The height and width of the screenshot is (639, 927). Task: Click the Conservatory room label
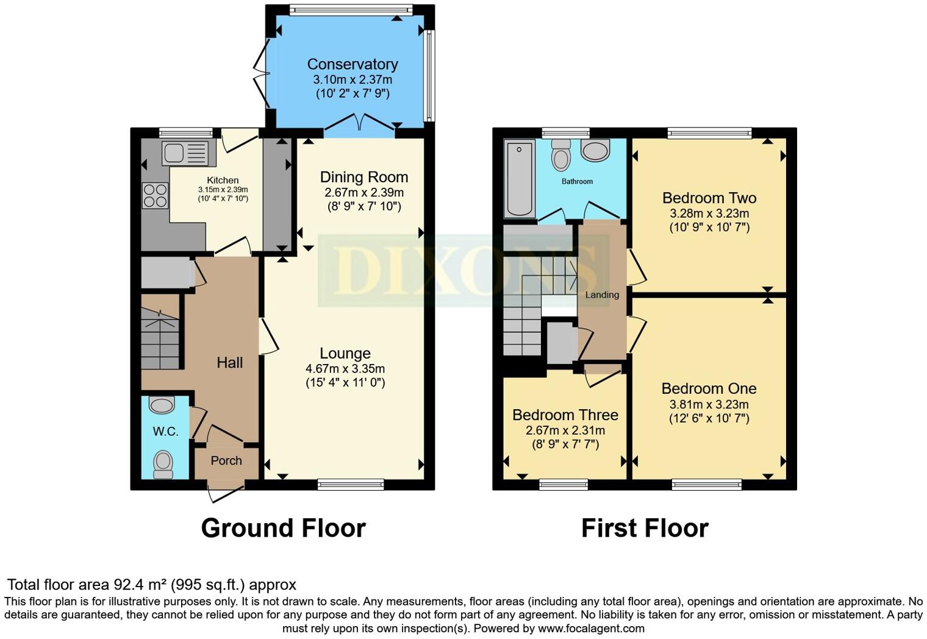[x=352, y=64]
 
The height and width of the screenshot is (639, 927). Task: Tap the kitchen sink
[x=185, y=152]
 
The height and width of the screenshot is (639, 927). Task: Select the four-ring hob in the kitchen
[x=155, y=196]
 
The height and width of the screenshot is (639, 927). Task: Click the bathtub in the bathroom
[x=519, y=179]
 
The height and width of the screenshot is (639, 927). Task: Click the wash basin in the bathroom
[x=595, y=150]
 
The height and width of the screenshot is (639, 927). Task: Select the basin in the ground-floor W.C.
[x=162, y=405]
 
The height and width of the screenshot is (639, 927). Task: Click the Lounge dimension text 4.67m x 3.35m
[x=345, y=369]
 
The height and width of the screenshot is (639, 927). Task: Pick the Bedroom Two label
[x=709, y=198]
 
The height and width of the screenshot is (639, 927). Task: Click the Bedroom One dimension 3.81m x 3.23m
[x=709, y=404]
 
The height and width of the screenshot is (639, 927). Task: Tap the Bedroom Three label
[x=565, y=415]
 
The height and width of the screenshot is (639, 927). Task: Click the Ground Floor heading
[x=283, y=528]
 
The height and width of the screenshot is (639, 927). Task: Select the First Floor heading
[x=645, y=528]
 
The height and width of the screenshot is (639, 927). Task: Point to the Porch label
[x=226, y=461]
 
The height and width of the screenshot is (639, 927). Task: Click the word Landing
[x=602, y=295]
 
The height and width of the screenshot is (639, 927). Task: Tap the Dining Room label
[x=363, y=177]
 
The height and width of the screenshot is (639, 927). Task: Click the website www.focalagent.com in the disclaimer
[x=591, y=628]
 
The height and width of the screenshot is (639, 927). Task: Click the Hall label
[x=229, y=363]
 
